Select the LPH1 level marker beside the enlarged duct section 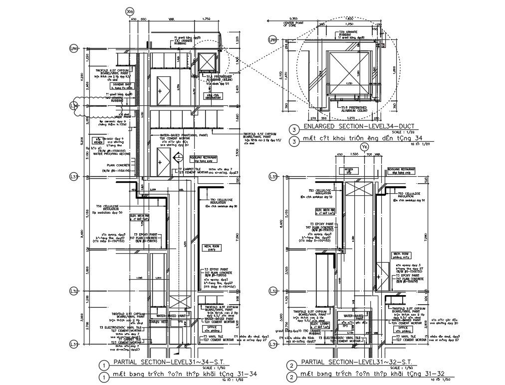(272, 39)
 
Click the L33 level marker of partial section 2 (273, 177)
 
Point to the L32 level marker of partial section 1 (74, 290)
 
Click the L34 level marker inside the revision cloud (74, 105)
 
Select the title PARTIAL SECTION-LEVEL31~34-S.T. (162, 362)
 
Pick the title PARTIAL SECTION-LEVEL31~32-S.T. (354, 362)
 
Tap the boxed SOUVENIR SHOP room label (121, 85)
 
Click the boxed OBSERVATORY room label (213, 95)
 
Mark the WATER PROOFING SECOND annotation (111, 154)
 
